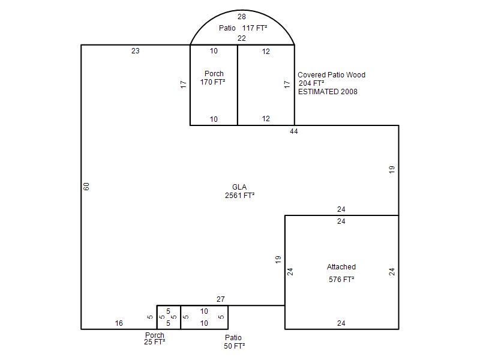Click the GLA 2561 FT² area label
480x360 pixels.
pos(239,191)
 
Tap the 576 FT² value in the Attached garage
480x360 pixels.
pos(341,279)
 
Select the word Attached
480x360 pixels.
pos(341,267)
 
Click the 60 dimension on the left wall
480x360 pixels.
pos(86,187)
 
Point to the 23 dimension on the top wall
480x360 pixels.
pos(136,51)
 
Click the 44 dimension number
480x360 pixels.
pos(293,131)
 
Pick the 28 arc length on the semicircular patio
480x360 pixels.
pos(242,17)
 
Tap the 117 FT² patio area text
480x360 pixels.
pos(255,28)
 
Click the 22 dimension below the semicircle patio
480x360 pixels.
pos(242,38)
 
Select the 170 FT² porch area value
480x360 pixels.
pos(213,82)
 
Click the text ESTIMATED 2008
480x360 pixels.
pos(328,92)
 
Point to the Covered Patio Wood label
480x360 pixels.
pos(331,75)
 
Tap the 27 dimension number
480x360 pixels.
pos(221,299)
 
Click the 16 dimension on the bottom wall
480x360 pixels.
pos(119,323)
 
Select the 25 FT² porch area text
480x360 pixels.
pos(154,342)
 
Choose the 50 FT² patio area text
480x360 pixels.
pos(234,346)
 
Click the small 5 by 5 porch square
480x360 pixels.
pos(169,317)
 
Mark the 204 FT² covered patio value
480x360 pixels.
pos(311,83)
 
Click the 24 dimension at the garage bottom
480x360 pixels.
pos(341,323)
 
